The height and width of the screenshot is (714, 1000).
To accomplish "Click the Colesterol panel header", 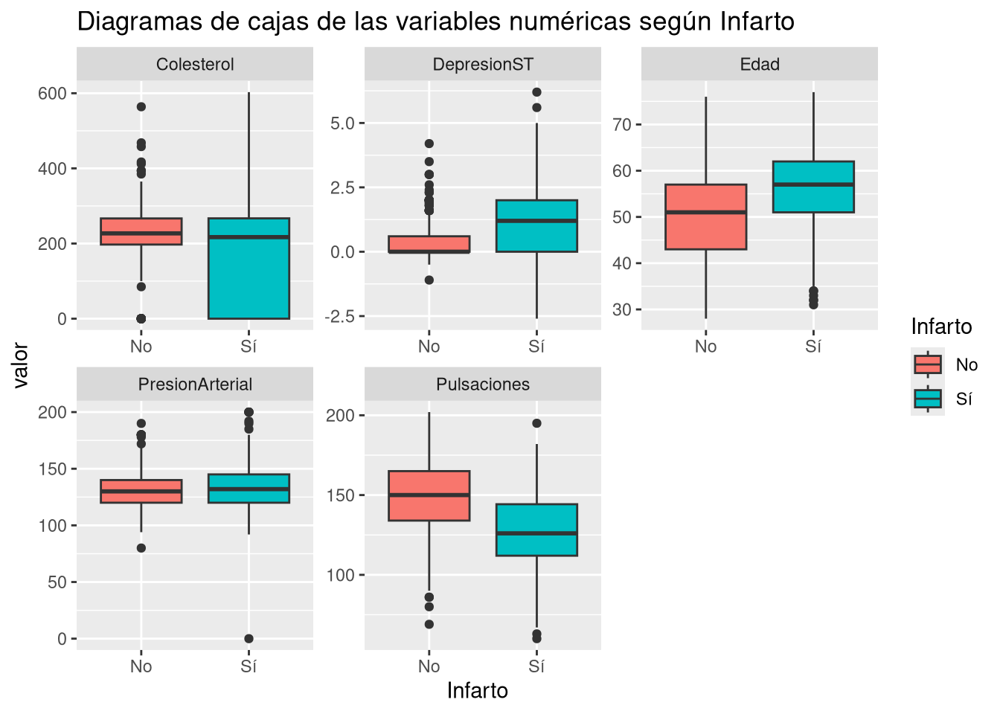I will point(195,65).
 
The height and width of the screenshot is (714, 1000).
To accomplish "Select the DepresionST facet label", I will point(483,65).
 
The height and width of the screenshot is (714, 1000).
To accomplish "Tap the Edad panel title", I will point(760,65).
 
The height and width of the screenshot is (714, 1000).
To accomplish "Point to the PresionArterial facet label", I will point(195,385).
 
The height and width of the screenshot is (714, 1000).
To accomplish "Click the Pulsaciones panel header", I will point(483,385).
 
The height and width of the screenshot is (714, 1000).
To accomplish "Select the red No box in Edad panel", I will point(706,216).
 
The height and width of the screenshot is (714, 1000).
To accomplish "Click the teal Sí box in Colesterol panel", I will point(249,268).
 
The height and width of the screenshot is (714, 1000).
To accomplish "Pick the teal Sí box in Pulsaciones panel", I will point(536,530).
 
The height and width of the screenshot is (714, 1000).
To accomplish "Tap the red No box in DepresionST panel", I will point(429,245).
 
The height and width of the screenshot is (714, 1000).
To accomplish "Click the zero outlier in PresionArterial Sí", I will point(249,639).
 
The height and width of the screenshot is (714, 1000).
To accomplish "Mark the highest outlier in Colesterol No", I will point(141,107).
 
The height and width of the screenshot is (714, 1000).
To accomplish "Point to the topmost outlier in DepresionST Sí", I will point(536,92).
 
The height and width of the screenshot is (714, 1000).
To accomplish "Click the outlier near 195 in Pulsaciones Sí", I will point(536,423).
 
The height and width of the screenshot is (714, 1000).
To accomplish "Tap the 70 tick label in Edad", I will point(622,125).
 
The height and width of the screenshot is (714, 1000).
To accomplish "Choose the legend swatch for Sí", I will point(928,399).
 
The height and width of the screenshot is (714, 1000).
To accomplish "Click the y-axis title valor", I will point(20,365).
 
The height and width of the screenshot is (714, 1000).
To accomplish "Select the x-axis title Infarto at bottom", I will point(478,691).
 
